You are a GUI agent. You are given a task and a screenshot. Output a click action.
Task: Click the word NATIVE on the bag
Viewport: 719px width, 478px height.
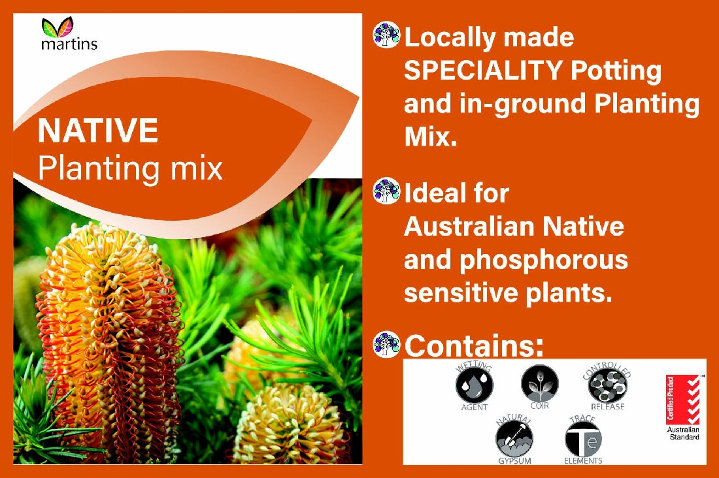(x=98, y=130)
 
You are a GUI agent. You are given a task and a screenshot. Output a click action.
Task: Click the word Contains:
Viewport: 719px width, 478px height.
(x=475, y=345)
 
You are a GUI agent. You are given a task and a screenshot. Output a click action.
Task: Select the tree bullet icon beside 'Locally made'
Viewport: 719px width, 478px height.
(x=386, y=35)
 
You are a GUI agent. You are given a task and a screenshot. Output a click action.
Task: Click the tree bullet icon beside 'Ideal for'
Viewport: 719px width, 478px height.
(x=386, y=191)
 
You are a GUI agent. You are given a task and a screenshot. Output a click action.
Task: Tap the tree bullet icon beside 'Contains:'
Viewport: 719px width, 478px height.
(x=386, y=344)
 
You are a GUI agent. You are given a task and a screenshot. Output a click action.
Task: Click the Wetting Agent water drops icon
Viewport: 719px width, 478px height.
(x=474, y=385)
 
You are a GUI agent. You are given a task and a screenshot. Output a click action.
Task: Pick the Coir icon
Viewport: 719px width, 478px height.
(x=540, y=383)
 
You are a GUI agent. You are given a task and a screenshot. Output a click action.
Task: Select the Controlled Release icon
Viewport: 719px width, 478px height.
(x=607, y=386)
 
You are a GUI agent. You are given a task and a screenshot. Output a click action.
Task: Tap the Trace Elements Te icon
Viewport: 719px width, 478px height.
(x=583, y=438)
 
